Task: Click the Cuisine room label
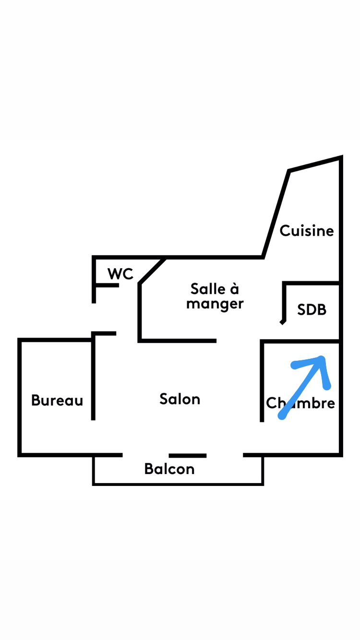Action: click(x=306, y=231)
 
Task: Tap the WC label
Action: click(x=120, y=273)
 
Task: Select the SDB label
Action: click(x=312, y=309)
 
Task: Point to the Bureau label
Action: click(x=57, y=400)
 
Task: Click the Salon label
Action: click(x=180, y=399)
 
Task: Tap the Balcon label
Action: click(x=169, y=469)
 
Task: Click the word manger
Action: click(x=215, y=304)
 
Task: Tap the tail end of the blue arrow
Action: click(x=282, y=416)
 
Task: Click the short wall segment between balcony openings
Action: click(x=187, y=455)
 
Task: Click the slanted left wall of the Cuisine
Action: click(x=276, y=214)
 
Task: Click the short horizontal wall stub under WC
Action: click(x=106, y=285)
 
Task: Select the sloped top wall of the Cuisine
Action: click(x=315, y=164)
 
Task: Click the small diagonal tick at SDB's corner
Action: click(x=283, y=322)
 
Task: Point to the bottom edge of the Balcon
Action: click(x=178, y=484)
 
